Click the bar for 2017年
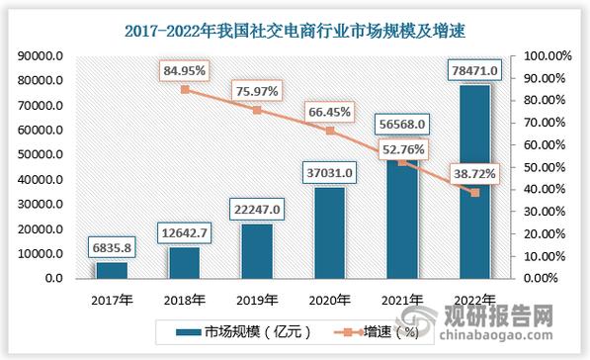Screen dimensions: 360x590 coord(112,270)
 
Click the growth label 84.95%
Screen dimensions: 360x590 coord(185,71)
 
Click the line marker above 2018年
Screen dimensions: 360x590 coord(185,90)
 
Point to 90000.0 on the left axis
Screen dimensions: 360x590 coord(40,56)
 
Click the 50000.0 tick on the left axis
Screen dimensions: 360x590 coord(40,155)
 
